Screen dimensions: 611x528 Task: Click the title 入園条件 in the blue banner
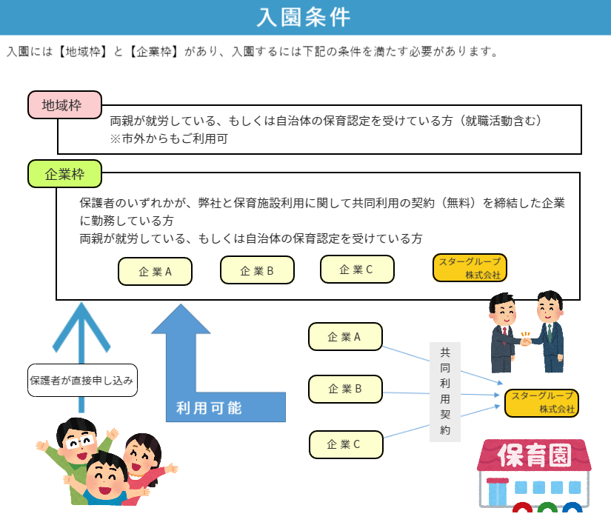coord(304,18)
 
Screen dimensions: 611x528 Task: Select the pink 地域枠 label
coord(64,105)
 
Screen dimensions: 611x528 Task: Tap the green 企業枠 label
coord(64,174)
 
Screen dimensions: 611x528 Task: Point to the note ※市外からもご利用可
coord(169,138)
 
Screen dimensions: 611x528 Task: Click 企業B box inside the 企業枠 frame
coord(257,270)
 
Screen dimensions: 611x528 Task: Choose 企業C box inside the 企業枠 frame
coord(357,270)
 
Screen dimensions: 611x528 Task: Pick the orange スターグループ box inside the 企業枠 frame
coord(470,267)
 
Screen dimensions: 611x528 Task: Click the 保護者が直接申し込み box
coord(82,381)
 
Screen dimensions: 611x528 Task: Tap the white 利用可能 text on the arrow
coord(209,408)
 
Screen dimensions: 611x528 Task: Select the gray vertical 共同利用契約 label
coord(445,392)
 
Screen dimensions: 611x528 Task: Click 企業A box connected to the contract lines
coord(345,337)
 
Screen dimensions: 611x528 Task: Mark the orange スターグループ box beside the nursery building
coord(541,403)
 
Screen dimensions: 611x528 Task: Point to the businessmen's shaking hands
coord(526,341)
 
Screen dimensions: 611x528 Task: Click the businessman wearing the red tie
coord(504,333)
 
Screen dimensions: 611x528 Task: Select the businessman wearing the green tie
coord(547,331)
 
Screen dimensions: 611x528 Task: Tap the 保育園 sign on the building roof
coord(534,455)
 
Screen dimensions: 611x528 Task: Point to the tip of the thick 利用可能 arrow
coord(181,304)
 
